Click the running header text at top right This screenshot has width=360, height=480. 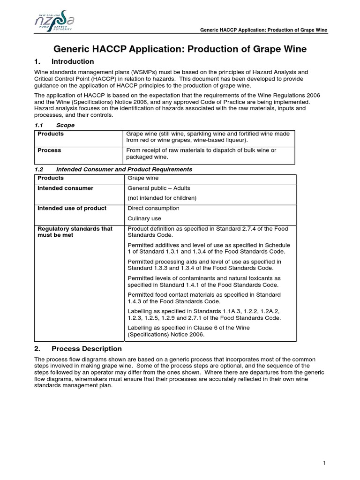coord(263,30)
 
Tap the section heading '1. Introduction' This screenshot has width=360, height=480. coord(64,62)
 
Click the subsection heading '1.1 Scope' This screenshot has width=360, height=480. coord(55,126)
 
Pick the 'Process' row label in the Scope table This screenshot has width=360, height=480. coord(49,150)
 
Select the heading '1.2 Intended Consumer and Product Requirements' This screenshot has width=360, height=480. coord(113,169)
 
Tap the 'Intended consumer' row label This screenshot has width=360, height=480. coord(65,188)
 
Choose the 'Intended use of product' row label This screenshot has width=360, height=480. coord(72,209)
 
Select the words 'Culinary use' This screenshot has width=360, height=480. coord(144,218)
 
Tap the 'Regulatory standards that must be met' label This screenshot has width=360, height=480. coord(75,232)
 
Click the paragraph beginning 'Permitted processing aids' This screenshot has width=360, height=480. coord(204,265)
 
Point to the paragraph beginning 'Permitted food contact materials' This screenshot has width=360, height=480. coord(204,298)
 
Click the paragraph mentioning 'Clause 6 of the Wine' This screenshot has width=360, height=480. coord(188,331)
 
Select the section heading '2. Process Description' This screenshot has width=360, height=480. coord(78,349)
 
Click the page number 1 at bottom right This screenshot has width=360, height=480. coord(324,464)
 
